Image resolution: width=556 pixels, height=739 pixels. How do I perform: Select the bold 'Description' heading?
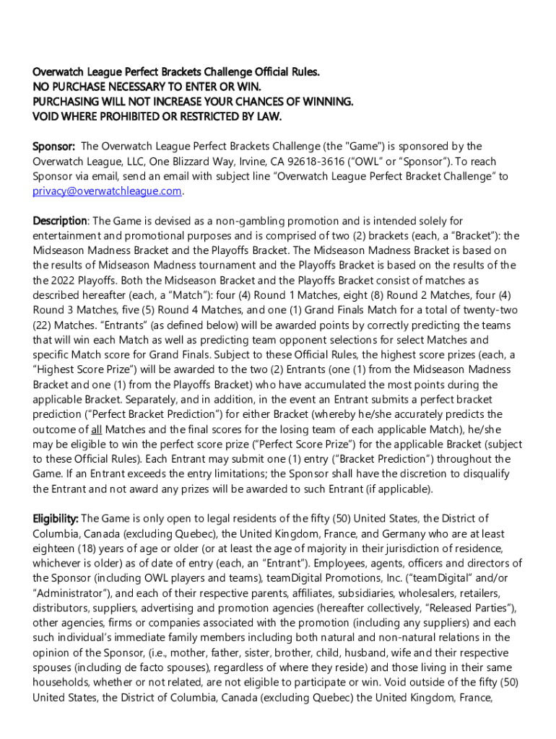(x=60, y=221)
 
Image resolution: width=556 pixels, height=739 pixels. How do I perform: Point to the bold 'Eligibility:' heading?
(x=56, y=518)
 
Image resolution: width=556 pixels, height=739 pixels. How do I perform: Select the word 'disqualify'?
(x=483, y=473)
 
